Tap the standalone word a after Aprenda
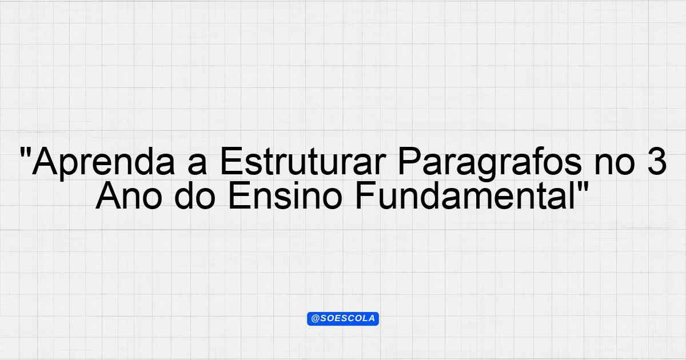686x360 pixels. tap(197, 166)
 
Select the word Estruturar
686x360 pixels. tap(302, 161)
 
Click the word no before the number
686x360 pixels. tap(615, 166)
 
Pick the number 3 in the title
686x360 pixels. tap(656, 161)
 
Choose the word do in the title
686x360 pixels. tap(195, 195)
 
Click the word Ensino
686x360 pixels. tap(285, 195)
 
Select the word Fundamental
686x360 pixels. tap(465, 195)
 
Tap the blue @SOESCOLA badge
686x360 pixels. tap(343, 319)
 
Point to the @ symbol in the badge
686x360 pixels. tap(315, 319)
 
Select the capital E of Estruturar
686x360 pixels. tap(232, 161)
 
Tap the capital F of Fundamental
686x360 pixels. tap(366, 195)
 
